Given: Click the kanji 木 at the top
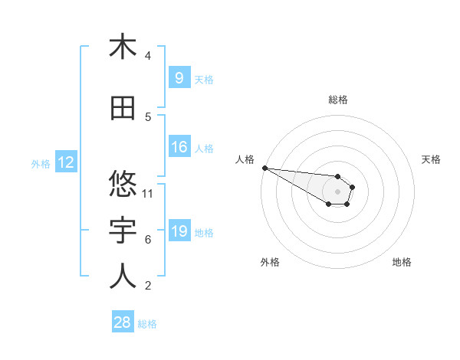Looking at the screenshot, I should tap(123, 47).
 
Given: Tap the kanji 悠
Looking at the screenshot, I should tap(123, 184).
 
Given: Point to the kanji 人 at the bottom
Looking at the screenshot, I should tap(123, 277).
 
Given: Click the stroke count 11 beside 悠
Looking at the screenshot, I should tap(148, 193).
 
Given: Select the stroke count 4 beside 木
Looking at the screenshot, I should tap(148, 56).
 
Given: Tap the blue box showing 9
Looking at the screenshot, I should tap(179, 78).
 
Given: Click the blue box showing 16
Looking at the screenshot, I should tap(179, 147).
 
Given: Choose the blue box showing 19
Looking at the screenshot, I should tap(179, 231).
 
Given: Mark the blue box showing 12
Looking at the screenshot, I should tap(66, 162).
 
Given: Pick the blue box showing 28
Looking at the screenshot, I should tap(123, 322).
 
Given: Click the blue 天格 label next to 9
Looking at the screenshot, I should tap(204, 79).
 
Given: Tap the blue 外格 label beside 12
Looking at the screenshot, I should tap(40, 163).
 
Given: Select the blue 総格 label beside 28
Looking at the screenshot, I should tap(147, 323).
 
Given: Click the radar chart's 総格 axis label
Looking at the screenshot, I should tap(337, 100).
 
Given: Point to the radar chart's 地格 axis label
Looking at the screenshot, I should tap(402, 262).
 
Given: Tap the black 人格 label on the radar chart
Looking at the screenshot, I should tap(245, 159).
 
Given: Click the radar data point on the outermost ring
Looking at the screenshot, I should tap(264, 168).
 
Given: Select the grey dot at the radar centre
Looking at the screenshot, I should tap(337, 191).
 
